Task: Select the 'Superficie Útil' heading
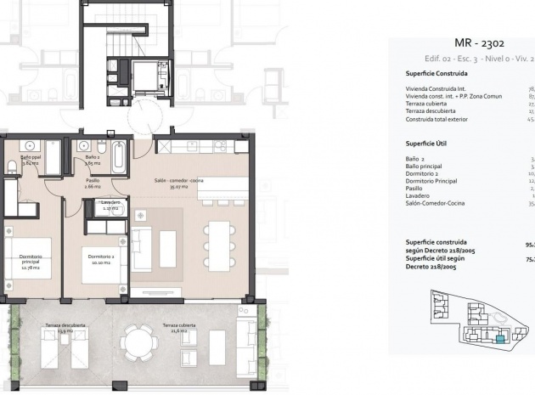pyautogui.click(x=426, y=143)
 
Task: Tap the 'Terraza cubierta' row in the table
pyautogui.click(x=427, y=104)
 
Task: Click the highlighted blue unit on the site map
pyautogui.click(x=500, y=339)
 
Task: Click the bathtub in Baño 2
pyautogui.click(x=118, y=157)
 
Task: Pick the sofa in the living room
pyautogui.click(x=142, y=248)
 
